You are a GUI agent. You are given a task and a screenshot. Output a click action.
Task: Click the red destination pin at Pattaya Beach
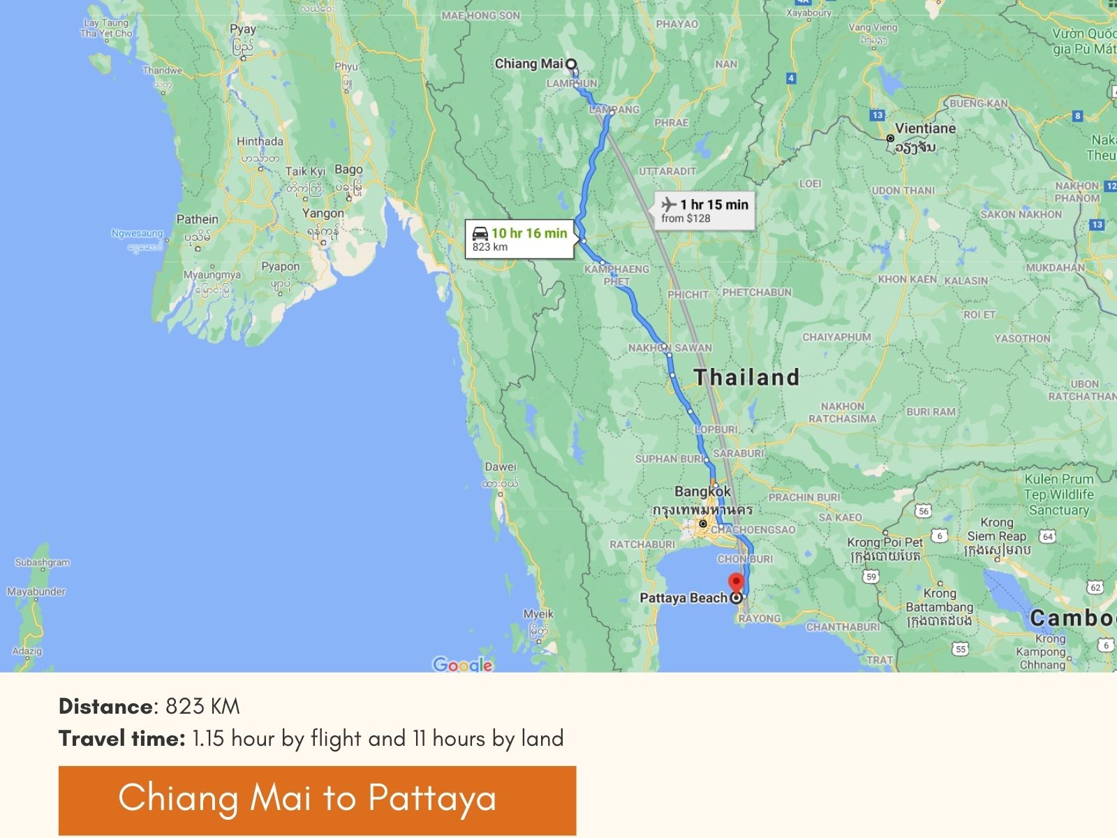[736, 582]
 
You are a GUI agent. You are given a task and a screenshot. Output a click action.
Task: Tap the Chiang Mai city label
[528, 64]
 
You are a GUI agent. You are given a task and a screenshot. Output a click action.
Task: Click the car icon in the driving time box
[480, 233]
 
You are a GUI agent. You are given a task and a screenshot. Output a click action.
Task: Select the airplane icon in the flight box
[669, 205]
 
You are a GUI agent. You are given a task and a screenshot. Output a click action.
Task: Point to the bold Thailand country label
[746, 377]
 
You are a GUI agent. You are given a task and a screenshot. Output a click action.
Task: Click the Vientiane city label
[925, 128]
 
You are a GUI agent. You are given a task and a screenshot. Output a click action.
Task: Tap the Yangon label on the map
[323, 213]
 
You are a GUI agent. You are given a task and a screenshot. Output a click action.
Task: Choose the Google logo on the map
[462, 664]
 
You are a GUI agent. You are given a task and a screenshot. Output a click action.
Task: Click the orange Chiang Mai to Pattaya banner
[317, 800]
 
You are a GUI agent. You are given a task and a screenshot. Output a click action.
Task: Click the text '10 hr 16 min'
[529, 233]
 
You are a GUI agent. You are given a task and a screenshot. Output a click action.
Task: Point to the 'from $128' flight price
[686, 219]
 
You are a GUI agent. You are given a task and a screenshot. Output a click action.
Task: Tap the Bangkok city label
[702, 491]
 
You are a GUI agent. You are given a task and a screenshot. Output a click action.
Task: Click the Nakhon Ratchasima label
[842, 413]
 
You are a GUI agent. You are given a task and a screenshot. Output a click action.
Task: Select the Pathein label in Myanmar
[198, 219]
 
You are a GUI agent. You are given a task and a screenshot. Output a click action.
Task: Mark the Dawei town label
[501, 466]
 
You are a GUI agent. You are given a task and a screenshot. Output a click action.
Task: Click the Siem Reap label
[997, 536]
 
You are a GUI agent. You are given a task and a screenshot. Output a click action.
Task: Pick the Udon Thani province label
[903, 190]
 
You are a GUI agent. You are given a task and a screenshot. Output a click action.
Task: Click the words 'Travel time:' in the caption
[122, 739]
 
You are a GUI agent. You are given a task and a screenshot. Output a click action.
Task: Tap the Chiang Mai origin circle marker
[571, 65]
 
